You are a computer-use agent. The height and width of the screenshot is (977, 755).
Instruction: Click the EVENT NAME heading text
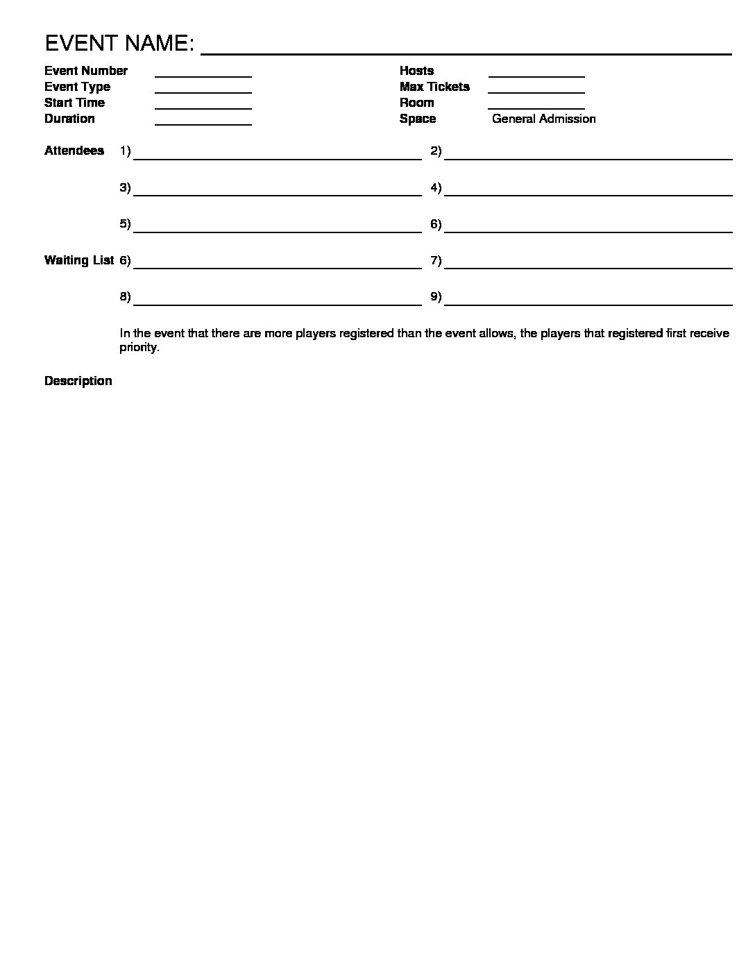[x=119, y=44]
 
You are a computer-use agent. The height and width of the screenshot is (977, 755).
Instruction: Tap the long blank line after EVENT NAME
[x=466, y=53]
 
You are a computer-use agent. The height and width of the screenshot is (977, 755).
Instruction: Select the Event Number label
[x=86, y=71]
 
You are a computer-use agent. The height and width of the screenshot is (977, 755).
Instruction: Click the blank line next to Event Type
[x=203, y=92]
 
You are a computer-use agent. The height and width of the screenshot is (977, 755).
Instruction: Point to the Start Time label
[x=74, y=103]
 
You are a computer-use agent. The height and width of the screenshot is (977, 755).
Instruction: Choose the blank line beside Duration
[x=203, y=124]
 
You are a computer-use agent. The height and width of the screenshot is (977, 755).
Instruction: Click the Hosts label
[x=416, y=71]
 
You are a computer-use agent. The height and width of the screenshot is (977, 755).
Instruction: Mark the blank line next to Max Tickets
[x=536, y=92]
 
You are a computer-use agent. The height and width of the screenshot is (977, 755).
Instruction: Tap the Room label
[x=416, y=103]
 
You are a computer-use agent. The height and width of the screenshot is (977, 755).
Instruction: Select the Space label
[x=418, y=119]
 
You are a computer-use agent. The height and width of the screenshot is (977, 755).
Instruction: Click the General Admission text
[x=543, y=119]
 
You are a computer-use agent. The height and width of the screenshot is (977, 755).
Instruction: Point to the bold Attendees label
[x=74, y=151]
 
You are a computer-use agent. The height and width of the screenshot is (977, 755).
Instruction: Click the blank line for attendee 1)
[x=278, y=158]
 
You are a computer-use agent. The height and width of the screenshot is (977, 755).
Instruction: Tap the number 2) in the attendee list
[x=436, y=151]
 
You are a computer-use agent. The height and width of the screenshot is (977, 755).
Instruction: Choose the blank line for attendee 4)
[x=588, y=195]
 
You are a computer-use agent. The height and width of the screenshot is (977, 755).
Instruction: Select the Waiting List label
[x=79, y=260]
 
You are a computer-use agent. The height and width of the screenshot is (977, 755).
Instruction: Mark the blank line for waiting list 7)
[x=588, y=267]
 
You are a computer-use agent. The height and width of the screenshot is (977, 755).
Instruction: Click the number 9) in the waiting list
[x=436, y=297]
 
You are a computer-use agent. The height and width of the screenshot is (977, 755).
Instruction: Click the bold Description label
[x=78, y=381]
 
